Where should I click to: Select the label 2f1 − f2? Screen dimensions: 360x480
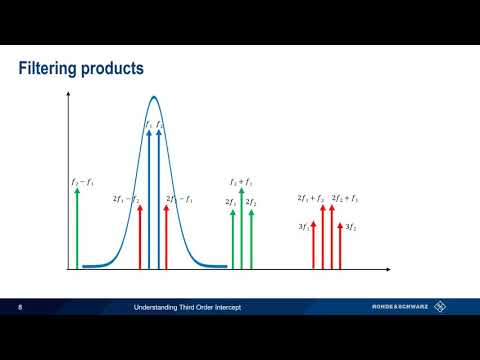point(125,199)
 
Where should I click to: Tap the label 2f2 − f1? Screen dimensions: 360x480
point(179,199)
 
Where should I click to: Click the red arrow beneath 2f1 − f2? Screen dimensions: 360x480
point(139,238)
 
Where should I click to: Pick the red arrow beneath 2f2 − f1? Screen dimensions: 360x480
point(165,238)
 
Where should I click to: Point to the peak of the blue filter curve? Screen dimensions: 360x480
point(153,97)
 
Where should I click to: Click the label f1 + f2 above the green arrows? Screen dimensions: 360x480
point(241,182)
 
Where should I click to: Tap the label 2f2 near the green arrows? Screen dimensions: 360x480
point(252,203)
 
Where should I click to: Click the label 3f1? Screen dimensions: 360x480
point(303,228)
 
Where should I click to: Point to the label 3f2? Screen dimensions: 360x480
point(350,228)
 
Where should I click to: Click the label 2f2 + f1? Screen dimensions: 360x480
point(344,199)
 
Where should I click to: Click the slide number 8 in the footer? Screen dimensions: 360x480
point(21,306)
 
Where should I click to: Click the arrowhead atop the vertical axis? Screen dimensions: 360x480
point(68,97)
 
